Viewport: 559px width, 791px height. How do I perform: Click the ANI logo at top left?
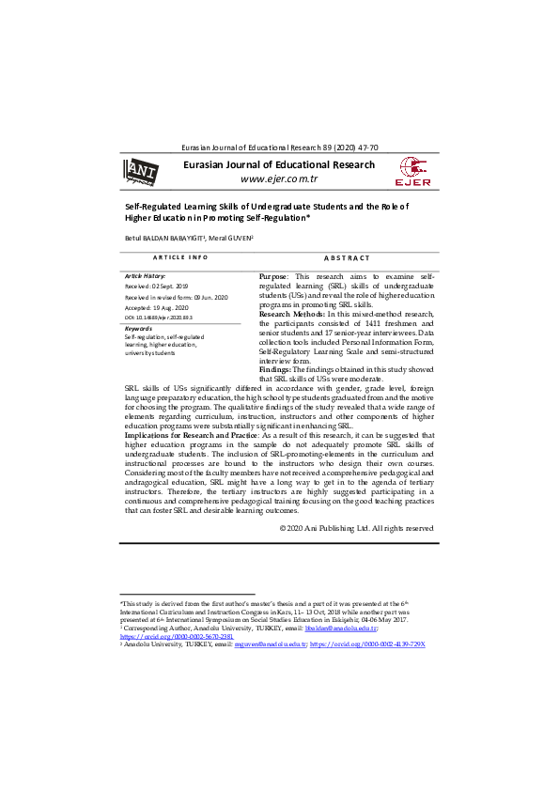[x=143, y=171]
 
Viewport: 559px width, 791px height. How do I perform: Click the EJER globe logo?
[x=414, y=171]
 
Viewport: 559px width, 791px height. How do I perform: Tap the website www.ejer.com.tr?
[x=279, y=179]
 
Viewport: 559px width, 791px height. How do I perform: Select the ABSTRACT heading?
[x=347, y=256]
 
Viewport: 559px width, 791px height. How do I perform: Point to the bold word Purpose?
[x=274, y=277]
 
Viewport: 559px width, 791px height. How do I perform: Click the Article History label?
[x=145, y=275]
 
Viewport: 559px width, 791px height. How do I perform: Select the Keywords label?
[x=138, y=328]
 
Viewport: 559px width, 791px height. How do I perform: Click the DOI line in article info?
[x=165, y=318]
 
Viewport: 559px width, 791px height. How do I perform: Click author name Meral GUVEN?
[x=230, y=239]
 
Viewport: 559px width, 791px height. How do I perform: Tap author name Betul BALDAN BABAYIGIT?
[x=164, y=239]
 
